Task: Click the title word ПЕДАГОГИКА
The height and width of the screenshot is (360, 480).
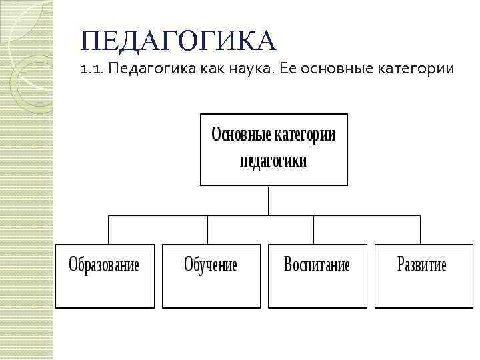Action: (x=177, y=41)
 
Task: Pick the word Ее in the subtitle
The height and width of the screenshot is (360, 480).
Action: (x=288, y=69)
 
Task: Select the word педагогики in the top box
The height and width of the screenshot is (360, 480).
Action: (x=273, y=161)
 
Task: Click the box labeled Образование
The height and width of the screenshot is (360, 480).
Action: (x=105, y=275)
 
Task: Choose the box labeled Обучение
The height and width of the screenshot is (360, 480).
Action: (x=211, y=275)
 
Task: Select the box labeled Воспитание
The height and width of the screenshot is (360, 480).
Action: (x=317, y=275)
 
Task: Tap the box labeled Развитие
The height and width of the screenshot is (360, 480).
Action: (x=423, y=275)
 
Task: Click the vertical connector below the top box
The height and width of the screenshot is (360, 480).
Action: (x=268, y=200)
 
